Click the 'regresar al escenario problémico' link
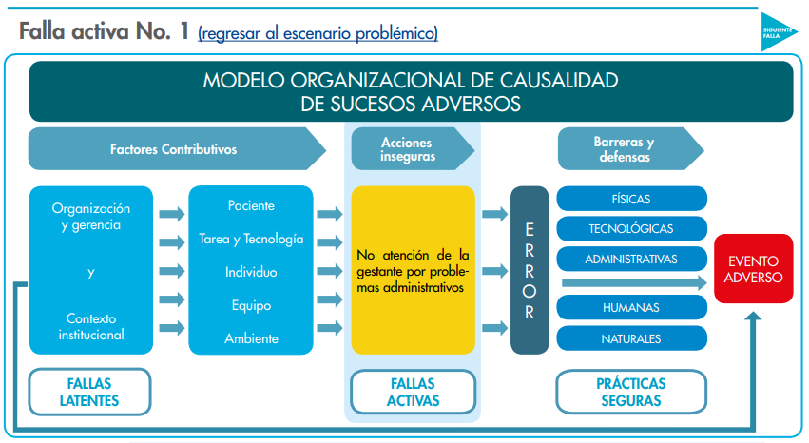pos(318,33)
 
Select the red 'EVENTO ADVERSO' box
pos(753,269)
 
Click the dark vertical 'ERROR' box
pos(530,270)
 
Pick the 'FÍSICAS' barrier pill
pos(631,199)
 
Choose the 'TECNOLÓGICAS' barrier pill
pos(631,228)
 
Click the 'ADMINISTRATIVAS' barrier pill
pos(631,259)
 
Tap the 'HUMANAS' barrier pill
pos(631,307)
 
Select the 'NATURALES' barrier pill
pos(631,337)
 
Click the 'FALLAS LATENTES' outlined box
pos(89,392)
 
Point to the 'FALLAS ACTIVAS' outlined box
pos(413,392)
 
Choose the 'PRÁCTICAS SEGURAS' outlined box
pos(631,392)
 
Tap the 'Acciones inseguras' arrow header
pos(409,148)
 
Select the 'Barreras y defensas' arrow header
pos(626,148)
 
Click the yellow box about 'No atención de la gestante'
pos(413,270)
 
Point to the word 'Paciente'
pos(251,205)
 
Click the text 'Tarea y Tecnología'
pos(251,239)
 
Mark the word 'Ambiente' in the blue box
pos(251,338)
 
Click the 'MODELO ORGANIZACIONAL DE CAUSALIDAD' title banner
pos(411,91)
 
